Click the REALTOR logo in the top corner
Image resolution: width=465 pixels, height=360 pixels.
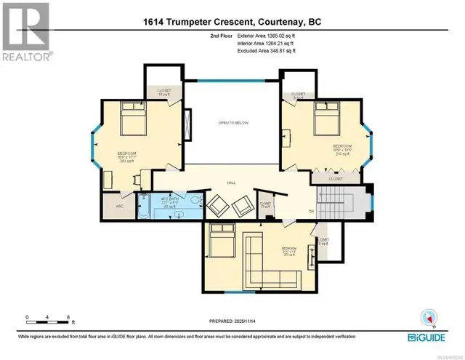25,31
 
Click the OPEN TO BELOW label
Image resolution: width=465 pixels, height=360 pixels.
233,123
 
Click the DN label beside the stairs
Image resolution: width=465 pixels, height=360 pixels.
311,212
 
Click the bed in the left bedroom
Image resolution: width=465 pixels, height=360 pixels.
133,118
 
